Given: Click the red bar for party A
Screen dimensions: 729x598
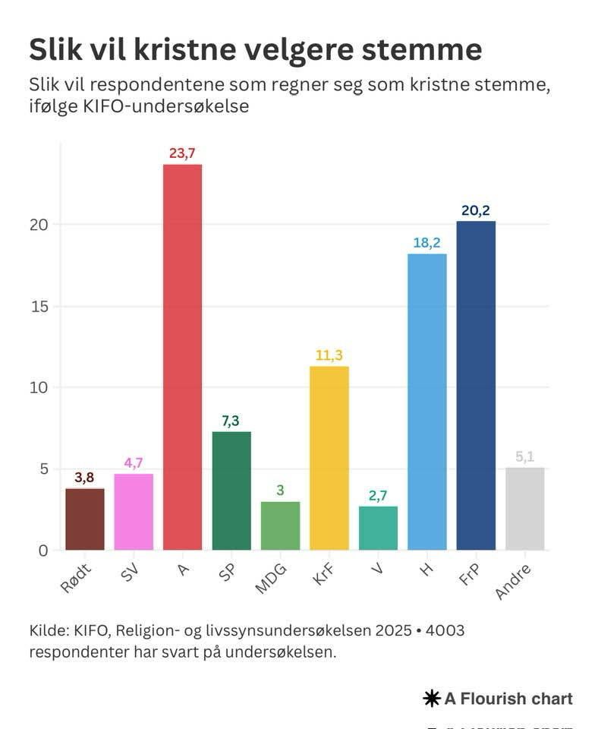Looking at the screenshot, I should pos(182,357).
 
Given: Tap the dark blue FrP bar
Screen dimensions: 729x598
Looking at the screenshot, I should pos(476,385).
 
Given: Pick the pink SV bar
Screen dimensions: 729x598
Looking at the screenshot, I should pos(134,512).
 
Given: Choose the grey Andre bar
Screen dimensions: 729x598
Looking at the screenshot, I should pos(525,509).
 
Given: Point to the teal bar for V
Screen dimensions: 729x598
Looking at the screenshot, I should pos(378,528).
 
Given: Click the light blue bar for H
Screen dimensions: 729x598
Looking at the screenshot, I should pos(427,402).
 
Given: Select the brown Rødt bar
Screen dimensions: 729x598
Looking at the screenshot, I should pos(85,519).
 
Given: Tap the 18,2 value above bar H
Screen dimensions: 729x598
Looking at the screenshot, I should pos(427,243).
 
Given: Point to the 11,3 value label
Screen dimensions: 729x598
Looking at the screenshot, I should pos(329,355).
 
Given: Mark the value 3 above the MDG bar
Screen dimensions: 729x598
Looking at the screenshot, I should pos(280,491).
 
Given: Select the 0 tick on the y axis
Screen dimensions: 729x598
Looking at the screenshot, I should pos(43,551).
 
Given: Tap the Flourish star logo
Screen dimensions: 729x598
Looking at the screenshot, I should pos(432,699).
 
